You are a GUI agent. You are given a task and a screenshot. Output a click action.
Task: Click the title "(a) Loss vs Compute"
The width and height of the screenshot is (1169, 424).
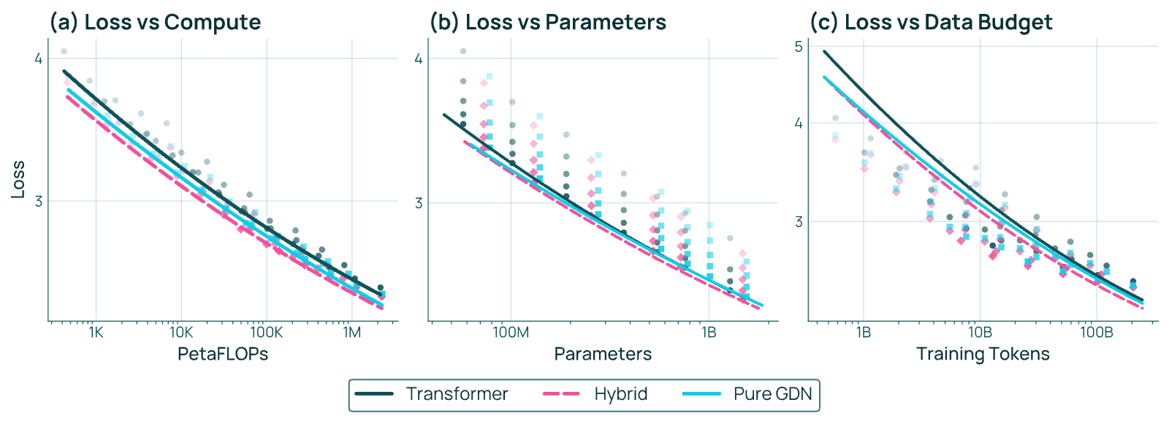(x=155, y=23)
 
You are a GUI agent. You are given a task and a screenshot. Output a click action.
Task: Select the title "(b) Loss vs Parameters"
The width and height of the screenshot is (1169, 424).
(x=548, y=23)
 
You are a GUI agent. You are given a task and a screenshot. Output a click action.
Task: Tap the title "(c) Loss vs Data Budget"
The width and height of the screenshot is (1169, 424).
(x=931, y=23)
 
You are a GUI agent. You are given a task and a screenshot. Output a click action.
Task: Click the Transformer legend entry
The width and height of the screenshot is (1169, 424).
(x=432, y=394)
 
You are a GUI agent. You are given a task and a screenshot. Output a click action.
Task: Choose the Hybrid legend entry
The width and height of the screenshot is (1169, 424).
(x=595, y=394)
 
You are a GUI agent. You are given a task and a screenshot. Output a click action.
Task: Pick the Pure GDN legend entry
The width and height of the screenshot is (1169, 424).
(x=747, y=394)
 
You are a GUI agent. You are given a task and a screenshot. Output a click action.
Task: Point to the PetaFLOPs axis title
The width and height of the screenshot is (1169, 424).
(x=223, y=354)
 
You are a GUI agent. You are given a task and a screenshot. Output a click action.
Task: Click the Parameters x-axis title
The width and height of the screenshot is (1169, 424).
(x=603, y=354)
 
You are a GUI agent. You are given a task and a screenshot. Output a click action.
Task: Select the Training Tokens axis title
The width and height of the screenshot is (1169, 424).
(x=983, y=354)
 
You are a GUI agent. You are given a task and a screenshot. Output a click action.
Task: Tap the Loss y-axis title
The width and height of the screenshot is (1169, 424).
(x=18, y=180)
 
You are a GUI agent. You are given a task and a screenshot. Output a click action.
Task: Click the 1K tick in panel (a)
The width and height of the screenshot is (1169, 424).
(x=96, y=333)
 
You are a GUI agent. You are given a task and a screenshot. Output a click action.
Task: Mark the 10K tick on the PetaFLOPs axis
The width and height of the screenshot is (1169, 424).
(x=180, y=333)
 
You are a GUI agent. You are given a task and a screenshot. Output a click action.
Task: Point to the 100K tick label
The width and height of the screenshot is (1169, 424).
(x=266, y=333)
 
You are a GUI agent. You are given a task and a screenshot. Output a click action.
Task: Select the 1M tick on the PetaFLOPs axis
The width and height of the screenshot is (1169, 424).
(x=351, y=333)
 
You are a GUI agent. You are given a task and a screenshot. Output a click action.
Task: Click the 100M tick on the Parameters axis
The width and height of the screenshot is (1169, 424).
(x=511, y=333)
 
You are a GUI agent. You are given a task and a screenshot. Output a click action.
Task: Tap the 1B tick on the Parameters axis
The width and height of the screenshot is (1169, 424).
(x=708, y=333)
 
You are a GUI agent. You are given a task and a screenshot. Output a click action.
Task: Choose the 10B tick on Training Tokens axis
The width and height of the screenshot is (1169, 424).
(x=980, y=333)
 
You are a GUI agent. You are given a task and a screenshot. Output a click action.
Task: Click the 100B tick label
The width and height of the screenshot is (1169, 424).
(x=1097, y=333)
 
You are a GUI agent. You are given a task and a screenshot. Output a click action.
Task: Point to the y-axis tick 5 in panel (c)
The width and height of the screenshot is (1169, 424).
(x=799, y=47)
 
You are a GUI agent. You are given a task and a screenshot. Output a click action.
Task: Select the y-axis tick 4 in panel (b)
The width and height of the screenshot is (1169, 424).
(x=419, y=58)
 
